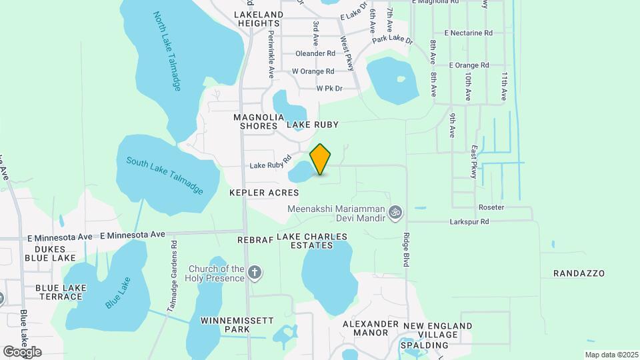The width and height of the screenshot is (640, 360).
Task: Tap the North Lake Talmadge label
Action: tap(167, 51)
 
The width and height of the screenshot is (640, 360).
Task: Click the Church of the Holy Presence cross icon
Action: tap(254, 272)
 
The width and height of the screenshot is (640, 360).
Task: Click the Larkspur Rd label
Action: tap(469, 221)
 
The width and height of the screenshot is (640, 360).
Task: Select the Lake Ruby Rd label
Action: tap(267, 165)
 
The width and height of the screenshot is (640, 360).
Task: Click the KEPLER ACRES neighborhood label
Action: tap(263, 192)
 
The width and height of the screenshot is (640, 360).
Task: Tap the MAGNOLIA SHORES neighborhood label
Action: tap(255, 121)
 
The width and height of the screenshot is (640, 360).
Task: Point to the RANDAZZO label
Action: tap(579, 273)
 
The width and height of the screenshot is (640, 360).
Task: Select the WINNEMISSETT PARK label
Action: tap(237, 325)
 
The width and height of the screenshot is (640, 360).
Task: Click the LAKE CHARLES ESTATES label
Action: tap(312, 241)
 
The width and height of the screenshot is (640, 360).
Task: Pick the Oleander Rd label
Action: tap(317, 53)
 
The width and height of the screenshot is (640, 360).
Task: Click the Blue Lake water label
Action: tap(117, 292)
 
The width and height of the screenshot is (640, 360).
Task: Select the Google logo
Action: tap(22, 351)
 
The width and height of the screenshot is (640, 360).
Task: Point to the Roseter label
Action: tap(491, 207)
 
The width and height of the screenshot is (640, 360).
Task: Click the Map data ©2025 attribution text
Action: tap(611, 355)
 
